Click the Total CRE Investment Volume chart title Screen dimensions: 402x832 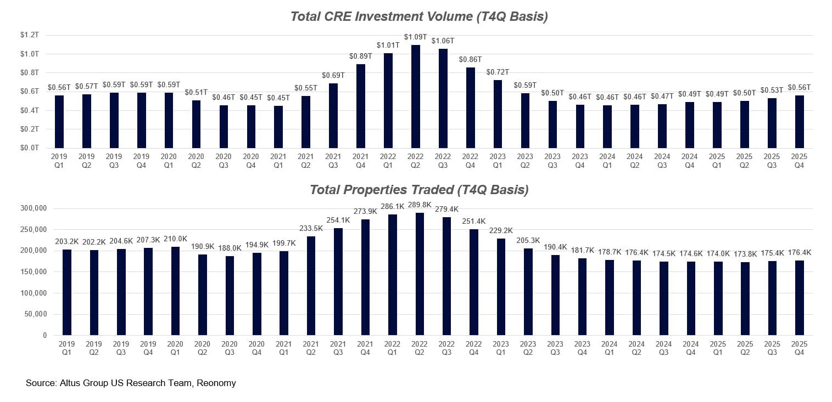pos(418,16)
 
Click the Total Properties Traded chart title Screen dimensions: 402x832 pos(418,190)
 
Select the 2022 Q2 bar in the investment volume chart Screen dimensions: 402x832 pos(416,97)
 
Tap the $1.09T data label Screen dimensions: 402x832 pos(416,37)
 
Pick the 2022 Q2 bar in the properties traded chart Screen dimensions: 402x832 pos(420,274)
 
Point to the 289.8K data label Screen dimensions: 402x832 pos(420,205)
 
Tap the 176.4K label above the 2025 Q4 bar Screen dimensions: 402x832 pos(800,253)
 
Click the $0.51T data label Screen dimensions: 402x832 pos(196,92)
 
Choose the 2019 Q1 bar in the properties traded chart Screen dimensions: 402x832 pos(67,292)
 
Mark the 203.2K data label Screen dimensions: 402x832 pos(67,241)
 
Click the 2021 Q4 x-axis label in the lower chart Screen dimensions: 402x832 pos(365,348)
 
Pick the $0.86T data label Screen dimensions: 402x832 pos(471,59)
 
